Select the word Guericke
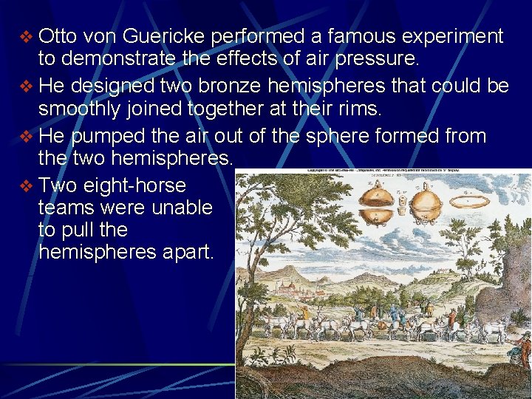166,36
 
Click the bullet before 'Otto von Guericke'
25,37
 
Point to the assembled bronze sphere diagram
426,204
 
